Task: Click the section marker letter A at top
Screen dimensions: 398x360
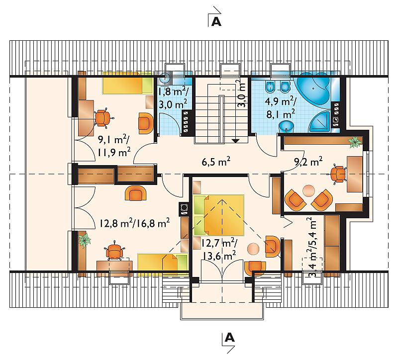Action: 216,22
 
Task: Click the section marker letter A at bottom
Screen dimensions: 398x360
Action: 230,338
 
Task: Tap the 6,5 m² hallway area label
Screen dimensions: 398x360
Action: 216,162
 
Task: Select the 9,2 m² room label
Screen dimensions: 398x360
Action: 308,161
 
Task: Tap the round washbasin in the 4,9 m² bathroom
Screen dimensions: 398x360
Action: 286,126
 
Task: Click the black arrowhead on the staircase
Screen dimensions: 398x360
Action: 236,141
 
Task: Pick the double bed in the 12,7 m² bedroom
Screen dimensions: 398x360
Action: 218,215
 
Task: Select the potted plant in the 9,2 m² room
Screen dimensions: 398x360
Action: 355,142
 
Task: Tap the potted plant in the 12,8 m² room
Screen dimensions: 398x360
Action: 84,239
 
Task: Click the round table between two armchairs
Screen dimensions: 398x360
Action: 308,190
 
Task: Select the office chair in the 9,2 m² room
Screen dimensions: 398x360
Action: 338,174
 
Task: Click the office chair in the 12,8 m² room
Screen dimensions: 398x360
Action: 115,251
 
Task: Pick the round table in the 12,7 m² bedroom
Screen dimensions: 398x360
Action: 253,249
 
